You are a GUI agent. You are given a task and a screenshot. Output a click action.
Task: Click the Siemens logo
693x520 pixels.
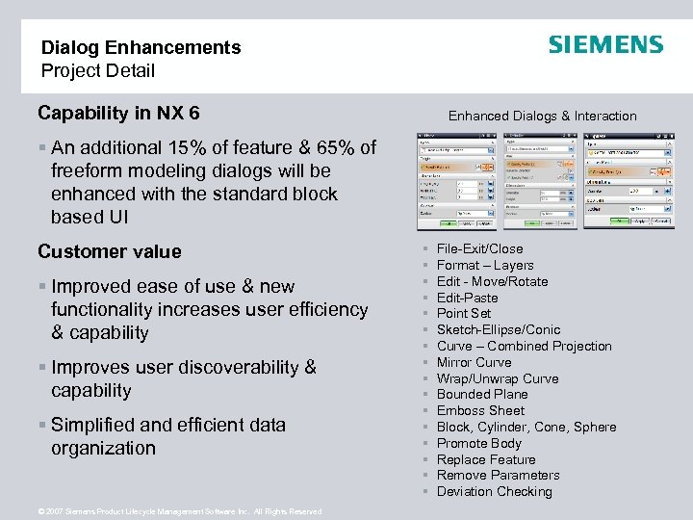[605, 45]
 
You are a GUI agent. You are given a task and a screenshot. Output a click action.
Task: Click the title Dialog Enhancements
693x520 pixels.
[141, 47]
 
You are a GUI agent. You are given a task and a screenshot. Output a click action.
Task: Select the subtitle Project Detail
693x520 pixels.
[97, 70]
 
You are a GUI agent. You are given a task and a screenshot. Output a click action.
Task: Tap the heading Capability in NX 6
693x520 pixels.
[118, 114]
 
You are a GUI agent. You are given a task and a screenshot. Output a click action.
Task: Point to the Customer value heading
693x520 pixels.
[109, 251]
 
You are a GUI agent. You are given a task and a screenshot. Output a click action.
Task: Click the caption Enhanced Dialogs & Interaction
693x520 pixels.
[542, 116]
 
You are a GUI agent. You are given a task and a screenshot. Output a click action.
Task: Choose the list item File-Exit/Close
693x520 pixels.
[479, 248]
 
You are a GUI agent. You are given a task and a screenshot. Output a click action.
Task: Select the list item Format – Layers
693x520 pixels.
[485, 265]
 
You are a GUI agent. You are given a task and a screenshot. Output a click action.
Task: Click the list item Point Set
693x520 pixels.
[463, 313]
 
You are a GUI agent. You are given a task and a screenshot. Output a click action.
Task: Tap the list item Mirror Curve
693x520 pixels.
[474, 362]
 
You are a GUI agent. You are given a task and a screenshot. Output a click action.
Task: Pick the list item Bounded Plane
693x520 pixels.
[481, 394]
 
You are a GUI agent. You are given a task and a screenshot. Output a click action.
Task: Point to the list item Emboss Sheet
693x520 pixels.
[480, 410]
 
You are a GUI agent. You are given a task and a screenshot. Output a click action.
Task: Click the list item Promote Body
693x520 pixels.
[478, 443]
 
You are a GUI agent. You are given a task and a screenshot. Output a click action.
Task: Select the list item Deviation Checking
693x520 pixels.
[494, 491]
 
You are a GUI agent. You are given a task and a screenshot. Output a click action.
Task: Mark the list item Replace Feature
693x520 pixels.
[486, 459]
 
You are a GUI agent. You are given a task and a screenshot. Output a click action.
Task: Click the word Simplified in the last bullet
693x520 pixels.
[95, 425]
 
